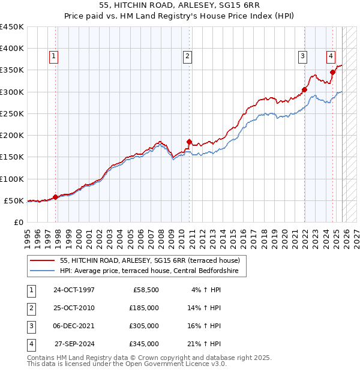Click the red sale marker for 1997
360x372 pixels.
[x=56, y=197]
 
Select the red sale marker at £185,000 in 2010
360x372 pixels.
[x=189, y=142]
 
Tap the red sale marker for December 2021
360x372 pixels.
[x=304, y=90]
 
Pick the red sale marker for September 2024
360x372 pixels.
[x=332, y=72]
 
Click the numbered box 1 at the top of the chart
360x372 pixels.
[x=53, y=56]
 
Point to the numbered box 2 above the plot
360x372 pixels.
[x=187, y=56]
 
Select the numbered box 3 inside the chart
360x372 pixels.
[x=302, y=56]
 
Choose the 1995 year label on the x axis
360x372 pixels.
[x=28, y=234]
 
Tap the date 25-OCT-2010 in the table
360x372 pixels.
[x=74, y=307]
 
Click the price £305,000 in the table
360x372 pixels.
[x=144, y=326]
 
